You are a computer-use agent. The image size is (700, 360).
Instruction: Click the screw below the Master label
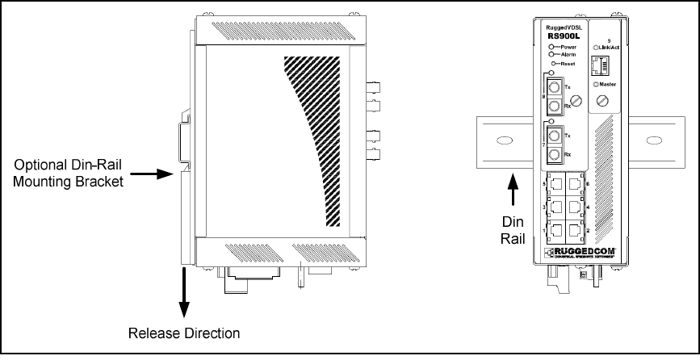click(601, 101)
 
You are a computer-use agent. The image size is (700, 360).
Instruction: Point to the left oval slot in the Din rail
click(501, 141)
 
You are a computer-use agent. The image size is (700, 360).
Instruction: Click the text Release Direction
click(184, 333)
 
